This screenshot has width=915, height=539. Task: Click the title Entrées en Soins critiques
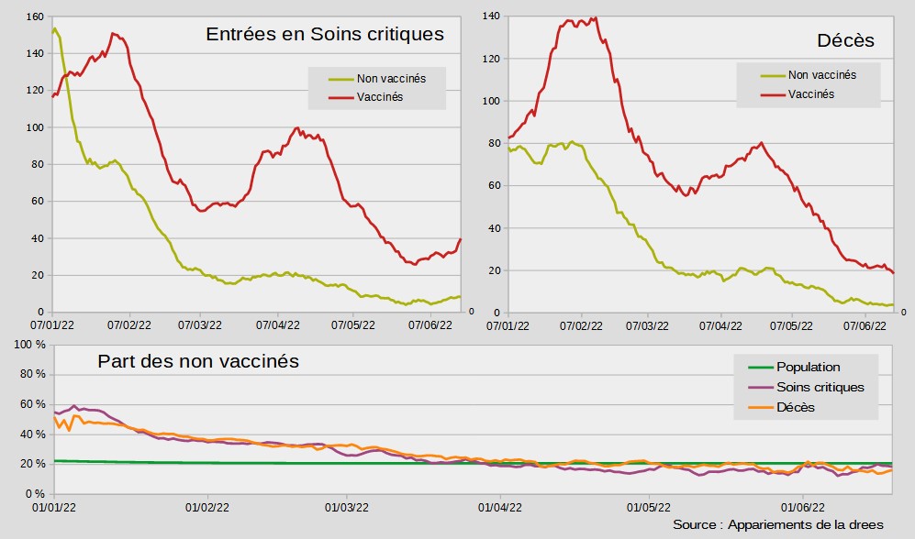tap(325, 35)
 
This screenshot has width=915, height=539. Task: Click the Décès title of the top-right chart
tap(845, 41)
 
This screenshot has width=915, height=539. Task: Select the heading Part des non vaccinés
tap(198, 361)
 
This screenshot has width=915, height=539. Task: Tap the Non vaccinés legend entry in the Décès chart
tap(822, 75)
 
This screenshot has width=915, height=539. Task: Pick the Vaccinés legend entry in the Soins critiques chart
tap(380, 96)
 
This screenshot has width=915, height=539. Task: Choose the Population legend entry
tap(808, 367)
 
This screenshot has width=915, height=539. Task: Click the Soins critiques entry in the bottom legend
tap(820, 387)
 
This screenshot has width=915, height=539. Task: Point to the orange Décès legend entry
tap(796, 407)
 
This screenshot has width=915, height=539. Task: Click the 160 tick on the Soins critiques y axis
tap(36, 16)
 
